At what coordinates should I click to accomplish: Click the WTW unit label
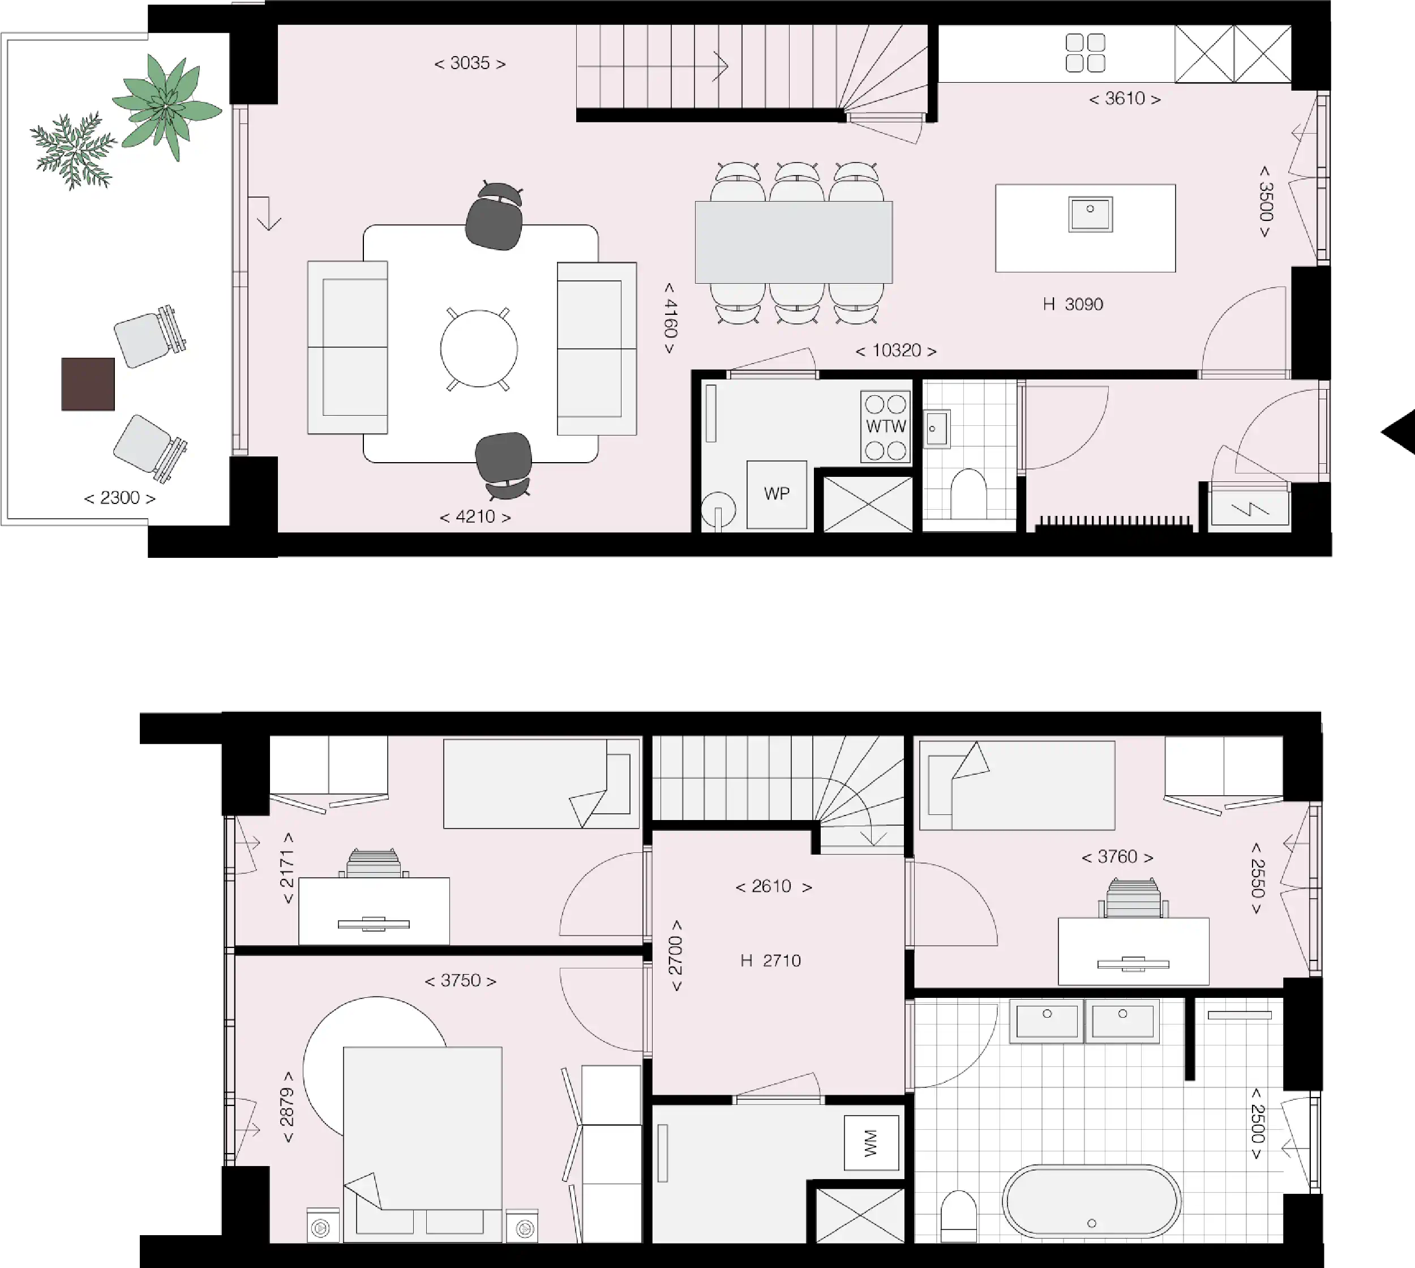(x=886, y=426)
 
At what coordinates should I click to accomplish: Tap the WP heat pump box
(x=777, y=494)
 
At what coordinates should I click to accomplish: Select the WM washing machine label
(x=871, y=1143)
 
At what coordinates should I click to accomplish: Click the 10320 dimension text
(x=896, y=351)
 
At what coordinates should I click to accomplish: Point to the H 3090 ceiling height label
(x=1073, y=305)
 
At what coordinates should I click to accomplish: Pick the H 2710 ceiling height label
(x=771, y=960)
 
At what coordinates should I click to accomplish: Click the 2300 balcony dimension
(x=120, y=498)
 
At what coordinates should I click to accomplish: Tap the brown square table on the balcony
(x=88, y=384)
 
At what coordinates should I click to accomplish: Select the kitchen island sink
(x=1091, y=213)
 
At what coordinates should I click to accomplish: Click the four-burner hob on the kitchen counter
(x=1086, y=53)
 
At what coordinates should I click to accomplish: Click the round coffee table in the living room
(x=479, y=348)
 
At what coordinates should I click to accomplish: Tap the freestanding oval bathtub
(x=1091, y=1202)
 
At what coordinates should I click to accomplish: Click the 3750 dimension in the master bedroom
(x=461, y=981)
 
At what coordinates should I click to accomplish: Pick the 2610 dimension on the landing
(x=774, y=886)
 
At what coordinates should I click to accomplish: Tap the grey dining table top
(x=794, y=242)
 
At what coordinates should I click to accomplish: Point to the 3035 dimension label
(x=470, y=63)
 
